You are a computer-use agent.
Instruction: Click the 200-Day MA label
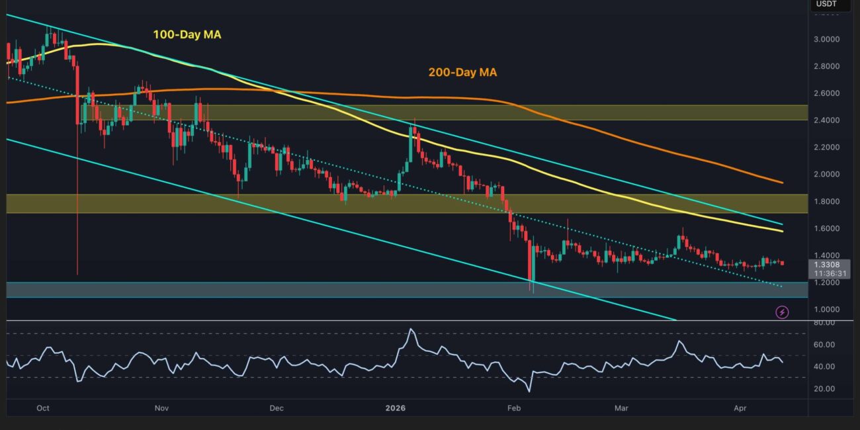point(462,73)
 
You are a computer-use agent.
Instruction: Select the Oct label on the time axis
point(43,408)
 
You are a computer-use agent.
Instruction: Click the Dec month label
point(277,408)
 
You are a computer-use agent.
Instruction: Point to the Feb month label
point(514,408)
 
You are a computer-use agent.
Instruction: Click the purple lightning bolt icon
point(782,312)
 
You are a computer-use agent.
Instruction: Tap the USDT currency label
point(826,4)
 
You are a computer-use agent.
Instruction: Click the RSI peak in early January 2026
point(411,329)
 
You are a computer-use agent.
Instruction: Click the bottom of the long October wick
point(77,274)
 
